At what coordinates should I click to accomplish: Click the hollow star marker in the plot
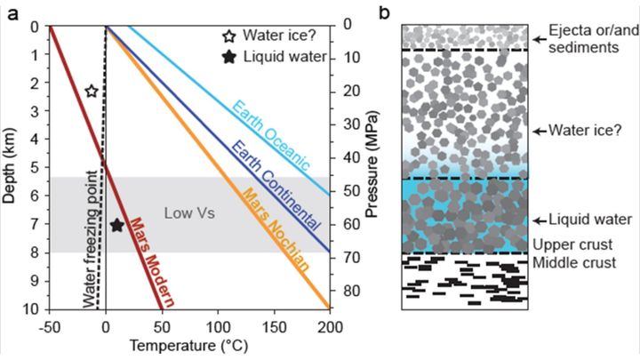(92, 91)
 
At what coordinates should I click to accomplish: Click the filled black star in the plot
(117, 224)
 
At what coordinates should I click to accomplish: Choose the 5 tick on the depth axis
(35, 167)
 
